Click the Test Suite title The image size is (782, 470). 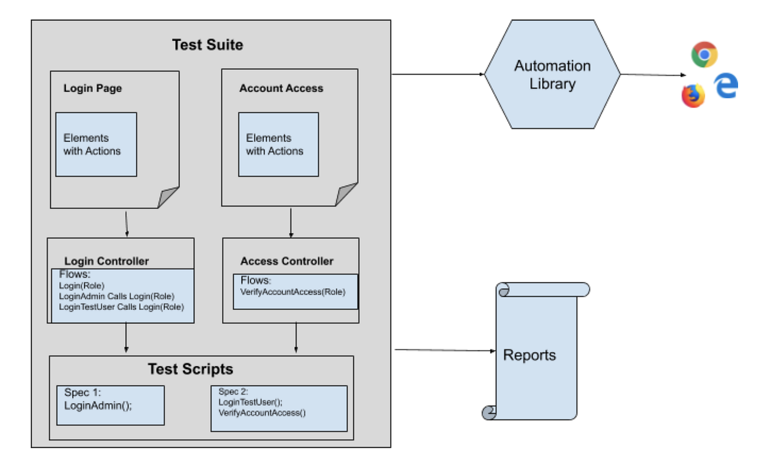(207, 45)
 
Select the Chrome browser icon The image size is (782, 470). (704, 54)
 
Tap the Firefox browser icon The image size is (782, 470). (693, 96)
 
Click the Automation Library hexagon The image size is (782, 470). (552, 74)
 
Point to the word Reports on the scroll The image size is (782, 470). (530, 355)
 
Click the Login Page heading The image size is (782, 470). (93, 88)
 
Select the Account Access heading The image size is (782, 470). (281, 88)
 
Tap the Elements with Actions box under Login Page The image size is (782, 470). (96, 145)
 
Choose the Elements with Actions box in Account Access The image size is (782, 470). (278, 145)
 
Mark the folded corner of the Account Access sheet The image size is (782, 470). (347, 195)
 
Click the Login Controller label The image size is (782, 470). (107, 261)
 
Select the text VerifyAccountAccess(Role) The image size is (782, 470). (293, 292)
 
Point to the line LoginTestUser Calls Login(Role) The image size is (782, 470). (121, 307)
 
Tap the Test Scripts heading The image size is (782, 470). (190, 369)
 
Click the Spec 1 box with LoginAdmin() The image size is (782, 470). (110, 405)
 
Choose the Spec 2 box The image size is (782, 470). (279, 408)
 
